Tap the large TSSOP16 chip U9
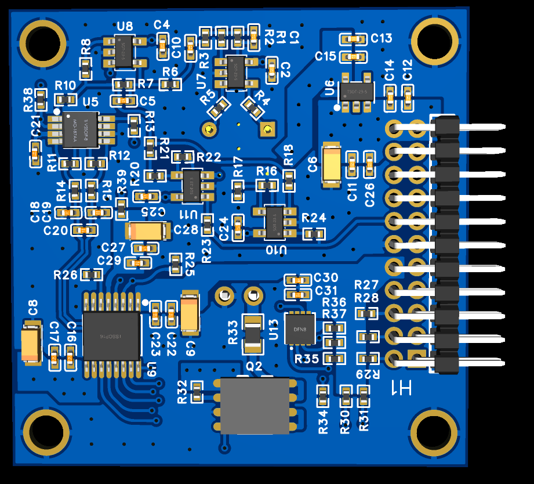111,335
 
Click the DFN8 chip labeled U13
300,329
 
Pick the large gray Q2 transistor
255,406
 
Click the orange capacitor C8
32,345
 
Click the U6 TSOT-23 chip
352,91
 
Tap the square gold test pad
267,129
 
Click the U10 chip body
275,221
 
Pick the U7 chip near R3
236,73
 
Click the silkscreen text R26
65,274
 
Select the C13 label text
382,38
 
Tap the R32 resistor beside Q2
197,392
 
